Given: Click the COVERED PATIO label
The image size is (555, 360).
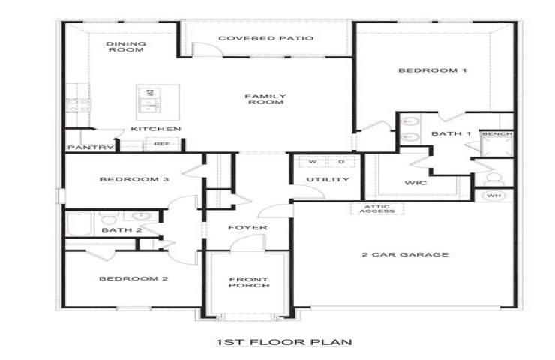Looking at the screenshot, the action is click(x=265, y=38).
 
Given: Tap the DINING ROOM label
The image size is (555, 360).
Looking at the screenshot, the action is click(x=126, y=46).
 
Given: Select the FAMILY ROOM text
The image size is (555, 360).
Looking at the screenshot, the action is click(x=265, y=99).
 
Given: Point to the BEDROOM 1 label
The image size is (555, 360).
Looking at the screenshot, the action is click(x=433, y=70).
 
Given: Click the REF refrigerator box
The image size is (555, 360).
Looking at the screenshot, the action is click(x=162, y=144).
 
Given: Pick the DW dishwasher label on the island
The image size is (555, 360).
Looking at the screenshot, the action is click(x=150, y=93).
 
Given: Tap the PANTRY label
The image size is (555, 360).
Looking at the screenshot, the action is click(x=91, y=148).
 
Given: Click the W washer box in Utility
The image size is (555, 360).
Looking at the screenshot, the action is click(x=313, y=161).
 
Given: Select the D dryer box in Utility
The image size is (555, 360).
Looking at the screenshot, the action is click(x=341, y=161).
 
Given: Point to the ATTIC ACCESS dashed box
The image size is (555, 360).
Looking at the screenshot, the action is click(x=377, y=208).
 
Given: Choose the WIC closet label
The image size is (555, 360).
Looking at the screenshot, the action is click(x=415, y=183).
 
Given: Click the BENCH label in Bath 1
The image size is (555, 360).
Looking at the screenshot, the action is click(x=497, y=133).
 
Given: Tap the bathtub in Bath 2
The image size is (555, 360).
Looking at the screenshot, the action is click(x=79, y=223).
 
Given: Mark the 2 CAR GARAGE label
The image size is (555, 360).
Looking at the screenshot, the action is click(x=405, y=254).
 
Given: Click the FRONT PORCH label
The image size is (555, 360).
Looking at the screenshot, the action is click(x=249, y=282).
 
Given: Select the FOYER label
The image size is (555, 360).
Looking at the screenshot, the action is click(x=247, y=227).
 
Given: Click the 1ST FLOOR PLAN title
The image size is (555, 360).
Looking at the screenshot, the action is click(x=283, y=342).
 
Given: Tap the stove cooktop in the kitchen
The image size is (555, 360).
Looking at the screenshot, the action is click(x=79, y=106).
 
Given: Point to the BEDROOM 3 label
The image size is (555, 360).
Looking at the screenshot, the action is click(x=134, y=179).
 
